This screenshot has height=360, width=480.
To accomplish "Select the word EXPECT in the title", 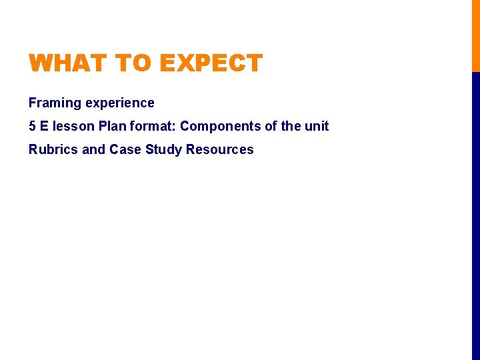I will tap(211, 64).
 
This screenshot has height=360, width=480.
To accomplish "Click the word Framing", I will tap(55, 103).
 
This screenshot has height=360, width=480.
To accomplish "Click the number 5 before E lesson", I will tap(32, 126).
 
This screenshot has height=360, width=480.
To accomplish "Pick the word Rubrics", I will tap(53, 149).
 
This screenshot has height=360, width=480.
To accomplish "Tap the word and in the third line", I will tap(94, 149).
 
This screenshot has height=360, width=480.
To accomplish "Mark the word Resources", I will tap(220, 149).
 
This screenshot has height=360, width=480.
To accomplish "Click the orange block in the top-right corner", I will tap(475, 35).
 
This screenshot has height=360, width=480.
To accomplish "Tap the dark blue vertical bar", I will tap(475, 213).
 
